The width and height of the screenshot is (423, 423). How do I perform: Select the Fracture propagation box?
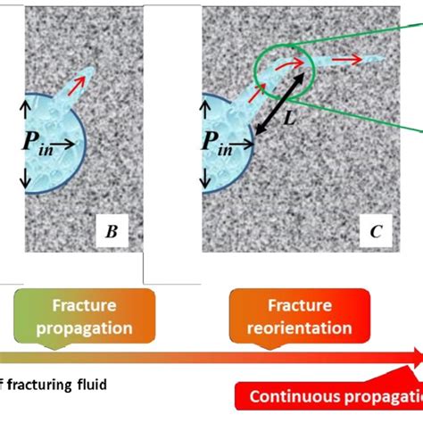[85, 317]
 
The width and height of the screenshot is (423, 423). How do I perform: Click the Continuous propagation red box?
[335, 396]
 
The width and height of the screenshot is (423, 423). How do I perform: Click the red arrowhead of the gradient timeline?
[413, 357]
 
